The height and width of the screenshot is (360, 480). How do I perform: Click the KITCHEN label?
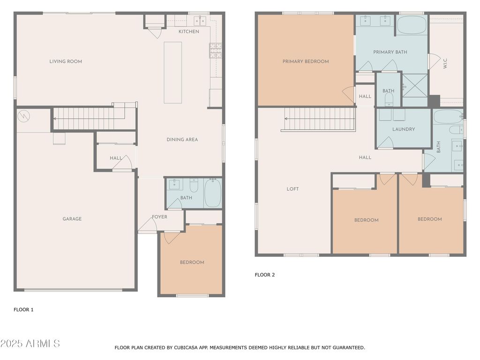coord(189,31)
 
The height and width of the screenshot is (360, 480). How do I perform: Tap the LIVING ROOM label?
coord(66,61)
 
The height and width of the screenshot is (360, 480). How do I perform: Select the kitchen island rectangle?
coord(172,73)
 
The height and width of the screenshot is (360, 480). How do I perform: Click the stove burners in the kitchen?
coord(216,51)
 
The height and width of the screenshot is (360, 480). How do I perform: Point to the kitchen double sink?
coord(200,21)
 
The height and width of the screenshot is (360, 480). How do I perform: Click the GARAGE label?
coord(72,219)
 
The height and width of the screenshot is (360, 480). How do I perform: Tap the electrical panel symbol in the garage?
coord(23,116)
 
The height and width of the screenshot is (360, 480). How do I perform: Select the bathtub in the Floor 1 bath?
coord(212,193)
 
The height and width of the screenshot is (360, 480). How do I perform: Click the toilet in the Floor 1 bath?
coord(194,185)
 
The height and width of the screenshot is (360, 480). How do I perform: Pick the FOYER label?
coord(159,217)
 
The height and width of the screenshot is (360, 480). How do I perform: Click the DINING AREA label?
coord(182,140)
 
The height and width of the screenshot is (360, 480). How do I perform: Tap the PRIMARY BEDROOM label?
coord(306,61)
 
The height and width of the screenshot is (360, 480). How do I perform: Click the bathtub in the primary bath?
coord(412,25)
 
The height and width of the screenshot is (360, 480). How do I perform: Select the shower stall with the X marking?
coord(415,86)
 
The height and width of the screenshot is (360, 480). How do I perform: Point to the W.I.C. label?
coord(445,63)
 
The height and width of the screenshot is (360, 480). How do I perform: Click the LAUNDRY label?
coord(404,129)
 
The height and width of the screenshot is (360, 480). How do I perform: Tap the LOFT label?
coord(292,189)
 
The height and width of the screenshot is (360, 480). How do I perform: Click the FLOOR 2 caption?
coord(265,275)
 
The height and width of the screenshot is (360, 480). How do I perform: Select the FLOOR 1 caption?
coord(23,310)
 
